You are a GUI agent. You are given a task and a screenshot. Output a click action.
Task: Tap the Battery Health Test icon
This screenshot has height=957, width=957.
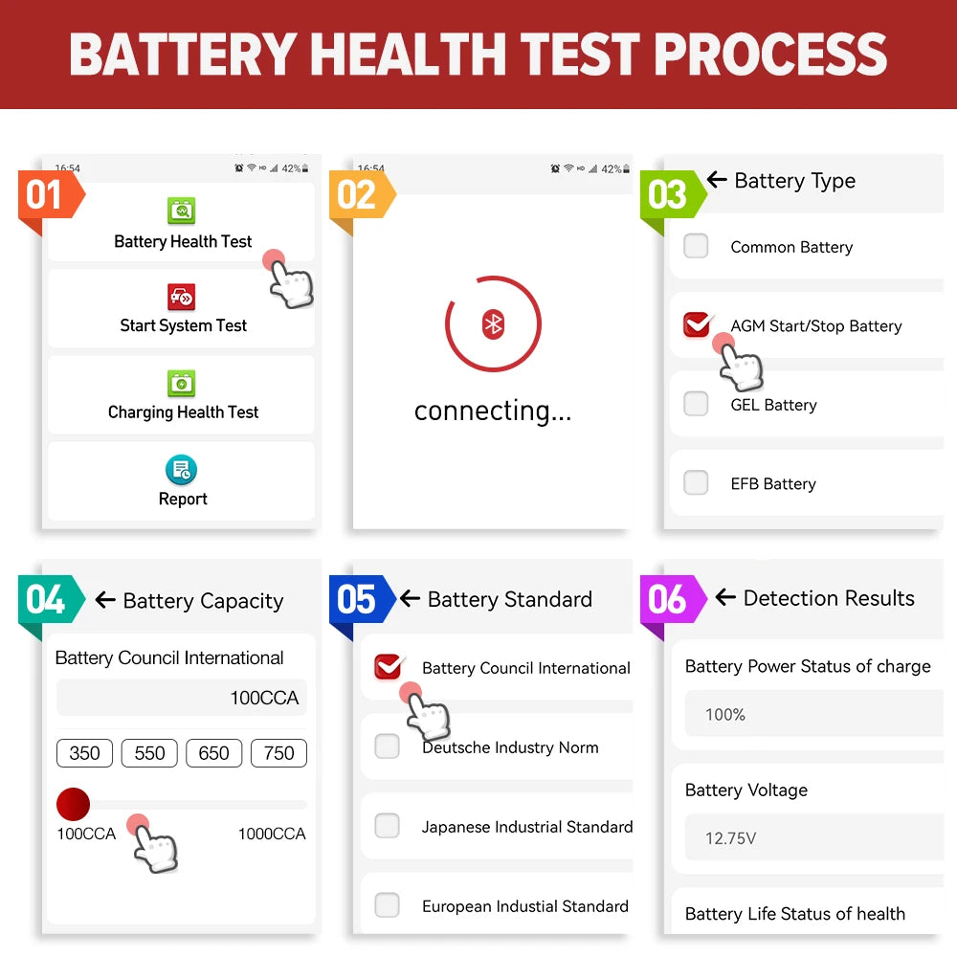pos(182,211)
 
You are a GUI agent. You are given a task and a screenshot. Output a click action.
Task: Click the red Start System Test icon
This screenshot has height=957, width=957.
pos(182,297)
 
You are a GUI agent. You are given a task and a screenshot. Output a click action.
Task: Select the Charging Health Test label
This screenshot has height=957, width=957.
pos(183,412)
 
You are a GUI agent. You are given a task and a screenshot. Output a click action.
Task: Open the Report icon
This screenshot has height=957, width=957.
pos(182,470)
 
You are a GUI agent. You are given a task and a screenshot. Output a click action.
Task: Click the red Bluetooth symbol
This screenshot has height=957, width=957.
pos(493,324)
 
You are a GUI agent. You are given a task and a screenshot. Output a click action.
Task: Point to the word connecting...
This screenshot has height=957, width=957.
pos(492,412)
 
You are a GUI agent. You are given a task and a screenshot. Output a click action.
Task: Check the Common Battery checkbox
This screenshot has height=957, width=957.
pos(696,246)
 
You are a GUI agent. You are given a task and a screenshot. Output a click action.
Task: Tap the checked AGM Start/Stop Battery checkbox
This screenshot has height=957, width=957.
pos(697,325)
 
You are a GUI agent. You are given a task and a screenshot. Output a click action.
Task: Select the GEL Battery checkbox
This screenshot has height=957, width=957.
pos(696,404)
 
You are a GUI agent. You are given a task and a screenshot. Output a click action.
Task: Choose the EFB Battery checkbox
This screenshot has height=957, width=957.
pos(696,482)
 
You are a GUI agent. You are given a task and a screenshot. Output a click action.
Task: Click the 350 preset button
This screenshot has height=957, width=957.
pos(84,753)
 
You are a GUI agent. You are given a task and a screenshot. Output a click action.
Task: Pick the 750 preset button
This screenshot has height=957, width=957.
pos(278,753)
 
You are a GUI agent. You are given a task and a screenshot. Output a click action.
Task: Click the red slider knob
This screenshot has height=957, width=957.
pos(73,804)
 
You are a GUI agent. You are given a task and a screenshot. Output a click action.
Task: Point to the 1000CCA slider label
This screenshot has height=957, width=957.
pos(272,835)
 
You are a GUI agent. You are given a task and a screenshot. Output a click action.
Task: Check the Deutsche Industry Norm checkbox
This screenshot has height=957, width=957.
pos(387,746)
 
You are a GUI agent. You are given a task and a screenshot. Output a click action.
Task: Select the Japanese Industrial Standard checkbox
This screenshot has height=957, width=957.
pos(387,826)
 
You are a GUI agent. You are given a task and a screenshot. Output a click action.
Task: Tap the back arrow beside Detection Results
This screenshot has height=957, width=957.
pos(725,598)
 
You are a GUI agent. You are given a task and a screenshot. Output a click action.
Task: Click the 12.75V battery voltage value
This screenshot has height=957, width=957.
pos(730,838)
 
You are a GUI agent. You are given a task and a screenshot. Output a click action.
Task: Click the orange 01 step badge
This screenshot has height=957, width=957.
pos(46,196)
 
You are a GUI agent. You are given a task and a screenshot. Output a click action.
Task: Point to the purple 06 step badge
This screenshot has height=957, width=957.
pos(668,601)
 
